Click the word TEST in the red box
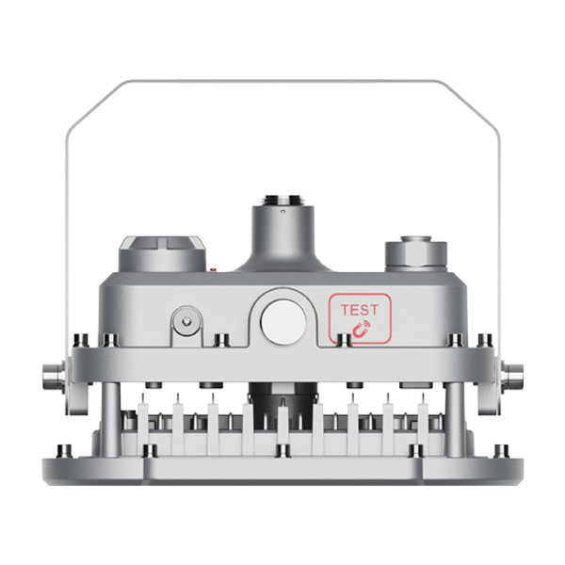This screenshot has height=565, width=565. pyautogui.click(x=360, y=310)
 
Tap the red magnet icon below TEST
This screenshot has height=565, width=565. pyautogui.click(x=361, y=329)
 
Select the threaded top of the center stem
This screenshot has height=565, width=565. pyautogui.click(x=282, y=200)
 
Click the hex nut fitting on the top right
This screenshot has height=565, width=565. pyautogui.click(x=416, y=251)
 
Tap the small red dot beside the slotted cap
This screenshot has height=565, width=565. pyautogui.click(x=213, y=269)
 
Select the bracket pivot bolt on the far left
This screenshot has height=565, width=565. pyautogui.click(x=54, y=374)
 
